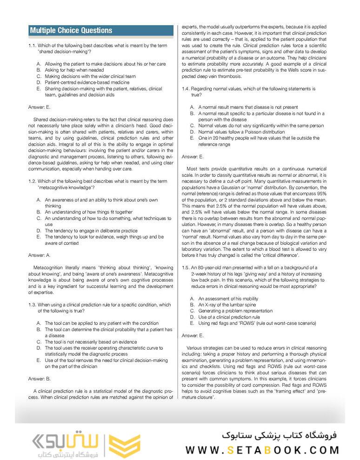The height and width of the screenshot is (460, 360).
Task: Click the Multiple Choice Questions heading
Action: (71, 31)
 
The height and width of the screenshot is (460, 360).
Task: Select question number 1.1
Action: (33, 45)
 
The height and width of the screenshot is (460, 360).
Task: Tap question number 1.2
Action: (33, 181)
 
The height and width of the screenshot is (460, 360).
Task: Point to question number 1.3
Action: (33, 305)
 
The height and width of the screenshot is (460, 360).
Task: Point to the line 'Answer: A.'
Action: (40, 255)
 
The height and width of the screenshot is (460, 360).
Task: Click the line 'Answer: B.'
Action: (40, 379)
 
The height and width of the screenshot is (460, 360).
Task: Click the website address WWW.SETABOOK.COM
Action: (262, 449)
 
